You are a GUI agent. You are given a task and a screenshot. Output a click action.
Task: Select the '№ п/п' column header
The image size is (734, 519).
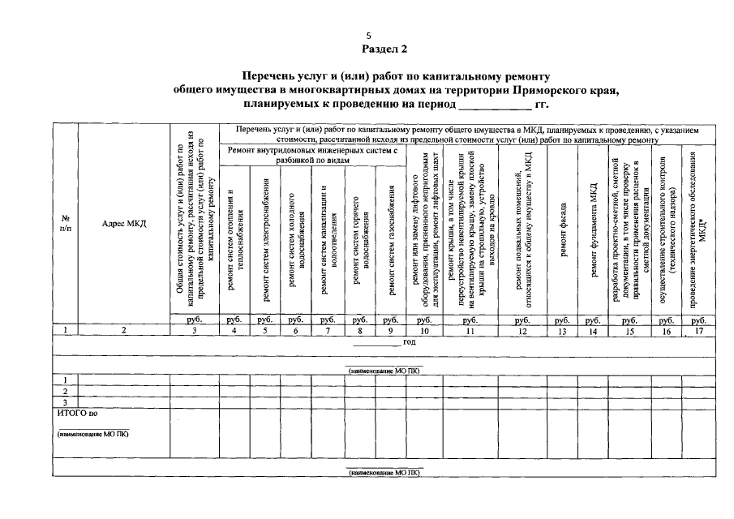click(x=65, y=224)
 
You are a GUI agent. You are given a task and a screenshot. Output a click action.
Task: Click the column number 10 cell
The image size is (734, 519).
click(x=423, y=330)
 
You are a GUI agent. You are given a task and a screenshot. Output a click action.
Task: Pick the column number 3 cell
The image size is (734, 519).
click(x=195, y=330)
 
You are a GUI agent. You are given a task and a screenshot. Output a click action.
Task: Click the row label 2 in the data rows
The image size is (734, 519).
click(x=65, y=391)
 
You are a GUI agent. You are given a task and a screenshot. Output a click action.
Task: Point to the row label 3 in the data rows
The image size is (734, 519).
click(x=65, y=401)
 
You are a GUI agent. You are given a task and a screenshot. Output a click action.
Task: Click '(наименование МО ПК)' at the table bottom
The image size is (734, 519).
click(x=384, y=471)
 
